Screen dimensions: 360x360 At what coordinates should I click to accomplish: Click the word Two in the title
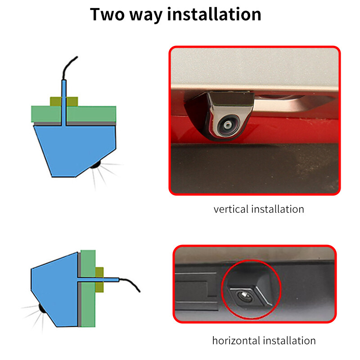[108, 14]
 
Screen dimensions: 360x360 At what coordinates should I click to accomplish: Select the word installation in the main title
[214, 14]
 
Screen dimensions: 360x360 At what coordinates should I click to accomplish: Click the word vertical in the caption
[231, 209]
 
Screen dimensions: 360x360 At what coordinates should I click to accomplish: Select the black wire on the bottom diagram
[130, 284]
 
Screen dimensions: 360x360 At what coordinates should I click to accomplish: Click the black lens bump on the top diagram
[96, 165]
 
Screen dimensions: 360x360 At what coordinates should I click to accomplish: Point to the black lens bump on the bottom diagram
[42, 308]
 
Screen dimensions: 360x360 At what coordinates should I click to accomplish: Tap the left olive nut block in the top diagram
[56, 102]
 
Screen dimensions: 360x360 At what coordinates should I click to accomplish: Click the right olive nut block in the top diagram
[72, 102]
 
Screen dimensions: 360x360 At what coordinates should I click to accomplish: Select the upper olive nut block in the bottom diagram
[99, 272]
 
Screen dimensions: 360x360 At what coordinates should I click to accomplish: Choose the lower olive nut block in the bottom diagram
[99, 287]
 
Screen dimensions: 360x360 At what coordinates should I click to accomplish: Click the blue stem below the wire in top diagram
[64, 103]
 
